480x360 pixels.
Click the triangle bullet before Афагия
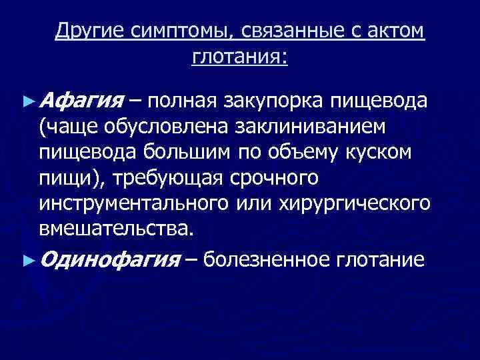[x=27, y=102]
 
